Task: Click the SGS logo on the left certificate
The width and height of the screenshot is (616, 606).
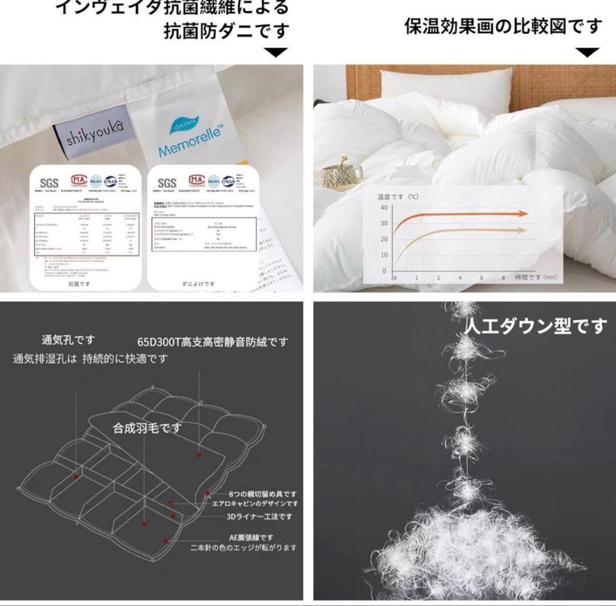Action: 50,182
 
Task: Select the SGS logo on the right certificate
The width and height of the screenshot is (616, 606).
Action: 167,182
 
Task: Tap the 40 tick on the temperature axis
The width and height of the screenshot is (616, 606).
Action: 383,208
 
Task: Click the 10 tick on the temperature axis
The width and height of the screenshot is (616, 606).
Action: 383,255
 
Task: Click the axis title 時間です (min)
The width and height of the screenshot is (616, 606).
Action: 535,277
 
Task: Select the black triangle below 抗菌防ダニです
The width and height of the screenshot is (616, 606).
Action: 277,52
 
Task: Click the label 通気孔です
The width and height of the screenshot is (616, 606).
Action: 68,340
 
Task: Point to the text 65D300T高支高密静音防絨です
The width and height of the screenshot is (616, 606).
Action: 212,342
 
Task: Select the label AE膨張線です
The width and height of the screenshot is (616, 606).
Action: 250,537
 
